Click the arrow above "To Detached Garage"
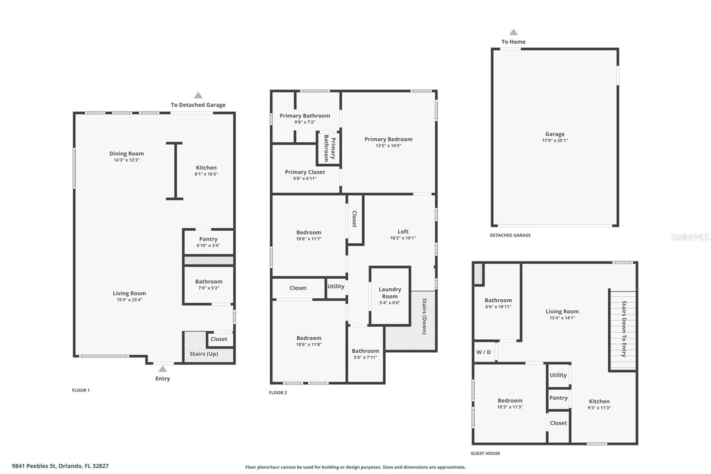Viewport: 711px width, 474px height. click(198, 95)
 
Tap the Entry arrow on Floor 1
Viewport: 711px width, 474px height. click(163, 369)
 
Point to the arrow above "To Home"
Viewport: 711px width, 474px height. click(514, 32)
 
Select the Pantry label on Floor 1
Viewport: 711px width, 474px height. click(208, 239)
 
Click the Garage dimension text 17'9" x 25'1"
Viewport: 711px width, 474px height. click(555, 141)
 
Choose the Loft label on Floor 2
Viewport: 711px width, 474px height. click(403, 232)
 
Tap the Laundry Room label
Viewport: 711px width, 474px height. click(390, 293)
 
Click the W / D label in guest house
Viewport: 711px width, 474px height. click(483, 352)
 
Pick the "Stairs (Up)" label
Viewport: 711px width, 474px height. click(204, 354)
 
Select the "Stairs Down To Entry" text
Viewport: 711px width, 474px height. click(624, 329)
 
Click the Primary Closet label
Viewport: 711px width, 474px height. click(305, 172)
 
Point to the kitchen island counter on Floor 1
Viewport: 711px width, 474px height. click(175, 171)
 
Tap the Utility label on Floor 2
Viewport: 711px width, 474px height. click(336, 286)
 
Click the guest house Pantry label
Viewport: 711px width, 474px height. click(558, 398)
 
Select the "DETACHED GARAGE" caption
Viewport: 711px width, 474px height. click(510, 235)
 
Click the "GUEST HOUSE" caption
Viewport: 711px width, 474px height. click(485, 454)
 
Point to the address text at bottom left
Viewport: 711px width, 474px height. click(60, 466)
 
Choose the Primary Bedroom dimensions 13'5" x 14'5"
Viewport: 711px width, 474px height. click(388, 146)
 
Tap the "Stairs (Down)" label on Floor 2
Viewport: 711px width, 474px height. click(424, 316)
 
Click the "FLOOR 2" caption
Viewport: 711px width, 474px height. click(278, 393)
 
